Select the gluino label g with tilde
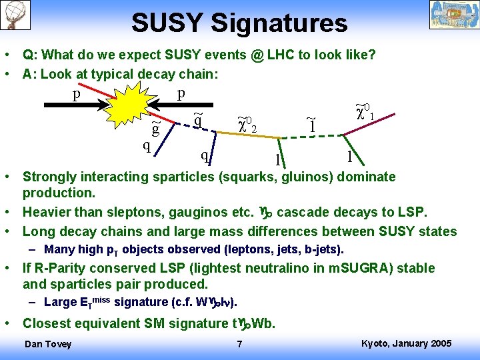pos(156,129)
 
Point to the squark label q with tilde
pos(198,120)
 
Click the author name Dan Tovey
pos(47,344)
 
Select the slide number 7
pos(239,345)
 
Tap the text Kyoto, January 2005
pos(406,343)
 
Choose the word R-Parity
pos(60,269)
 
